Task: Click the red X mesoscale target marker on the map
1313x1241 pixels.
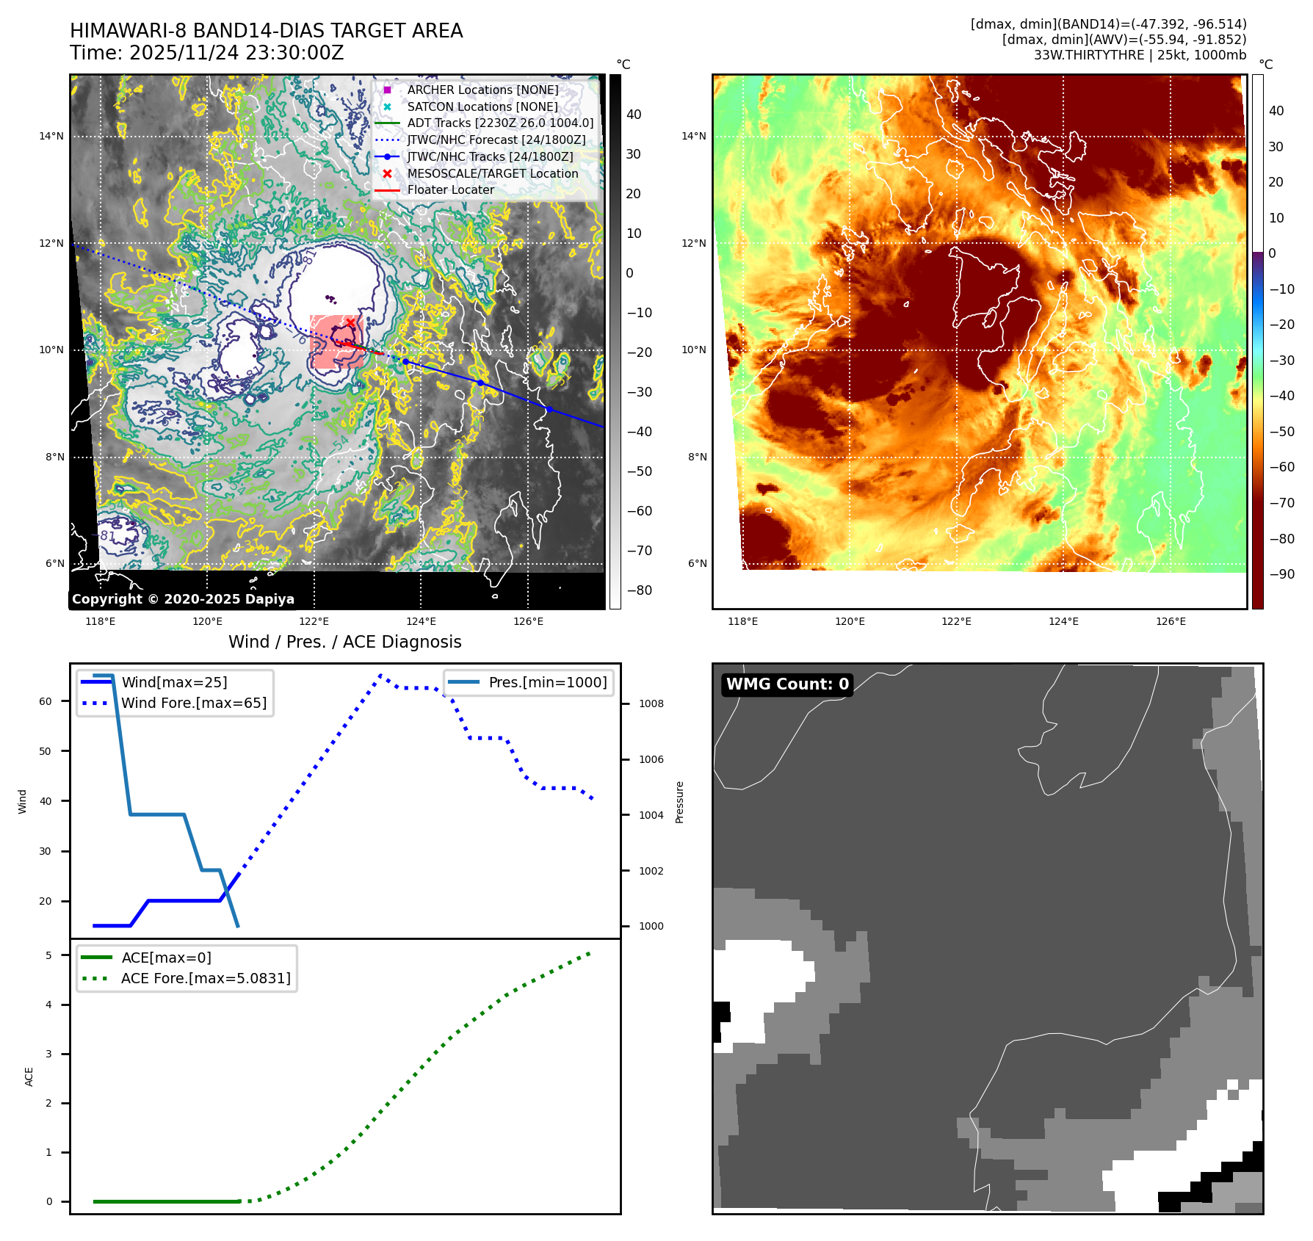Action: click(x=350, y=323)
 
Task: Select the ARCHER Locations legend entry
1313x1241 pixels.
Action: click(x=482, y=90)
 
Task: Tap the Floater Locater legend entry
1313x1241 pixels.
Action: click(x=450, y=189)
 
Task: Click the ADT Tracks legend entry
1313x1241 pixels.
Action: click(x=500, y=123)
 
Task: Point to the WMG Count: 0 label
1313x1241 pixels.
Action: click(x=787, y=684)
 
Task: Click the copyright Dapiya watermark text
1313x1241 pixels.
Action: click(x=183, y=599)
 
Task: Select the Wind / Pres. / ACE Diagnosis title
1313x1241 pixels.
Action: click(x=344, y=642)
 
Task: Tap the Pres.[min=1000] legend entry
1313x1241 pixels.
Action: click(x=547, y=682)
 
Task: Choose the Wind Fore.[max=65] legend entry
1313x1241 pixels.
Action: click(x=194, y=703)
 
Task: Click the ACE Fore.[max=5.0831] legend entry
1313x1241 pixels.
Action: click(x=206, y=978)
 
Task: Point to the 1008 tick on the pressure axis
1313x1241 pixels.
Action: click(x=651, y=703)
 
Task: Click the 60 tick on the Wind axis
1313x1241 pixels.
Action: click(x=46, y=701)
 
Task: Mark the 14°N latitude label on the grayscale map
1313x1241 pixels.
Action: click(x=51, y=136)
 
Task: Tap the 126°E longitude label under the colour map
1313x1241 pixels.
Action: click(x=1171, y=621)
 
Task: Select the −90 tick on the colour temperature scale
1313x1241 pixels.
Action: click(x=1281, y=574)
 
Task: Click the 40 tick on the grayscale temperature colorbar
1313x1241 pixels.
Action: click(x=634, y=115)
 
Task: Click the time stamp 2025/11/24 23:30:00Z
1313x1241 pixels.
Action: click(x=236, y=53)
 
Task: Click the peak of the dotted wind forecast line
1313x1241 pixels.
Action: click(x=380, y=675)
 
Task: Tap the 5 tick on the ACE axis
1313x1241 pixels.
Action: click(x=49, y=955)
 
